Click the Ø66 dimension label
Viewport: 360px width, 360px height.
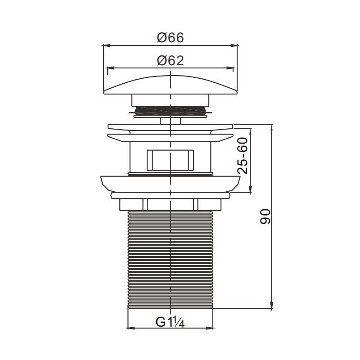[x=171, y=38]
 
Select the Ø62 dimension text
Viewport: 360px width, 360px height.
[x=171, y=61]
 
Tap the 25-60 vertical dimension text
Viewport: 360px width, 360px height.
[x=243, y=155]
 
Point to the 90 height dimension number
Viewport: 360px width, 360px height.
[x=265, y=216]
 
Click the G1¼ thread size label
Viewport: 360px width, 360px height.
[x=170, y=322]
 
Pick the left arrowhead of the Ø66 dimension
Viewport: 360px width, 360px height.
[x=106, y=45]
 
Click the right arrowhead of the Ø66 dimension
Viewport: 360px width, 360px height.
[x=234, y=45]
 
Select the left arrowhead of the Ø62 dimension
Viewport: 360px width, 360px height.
[x=111, y=68]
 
